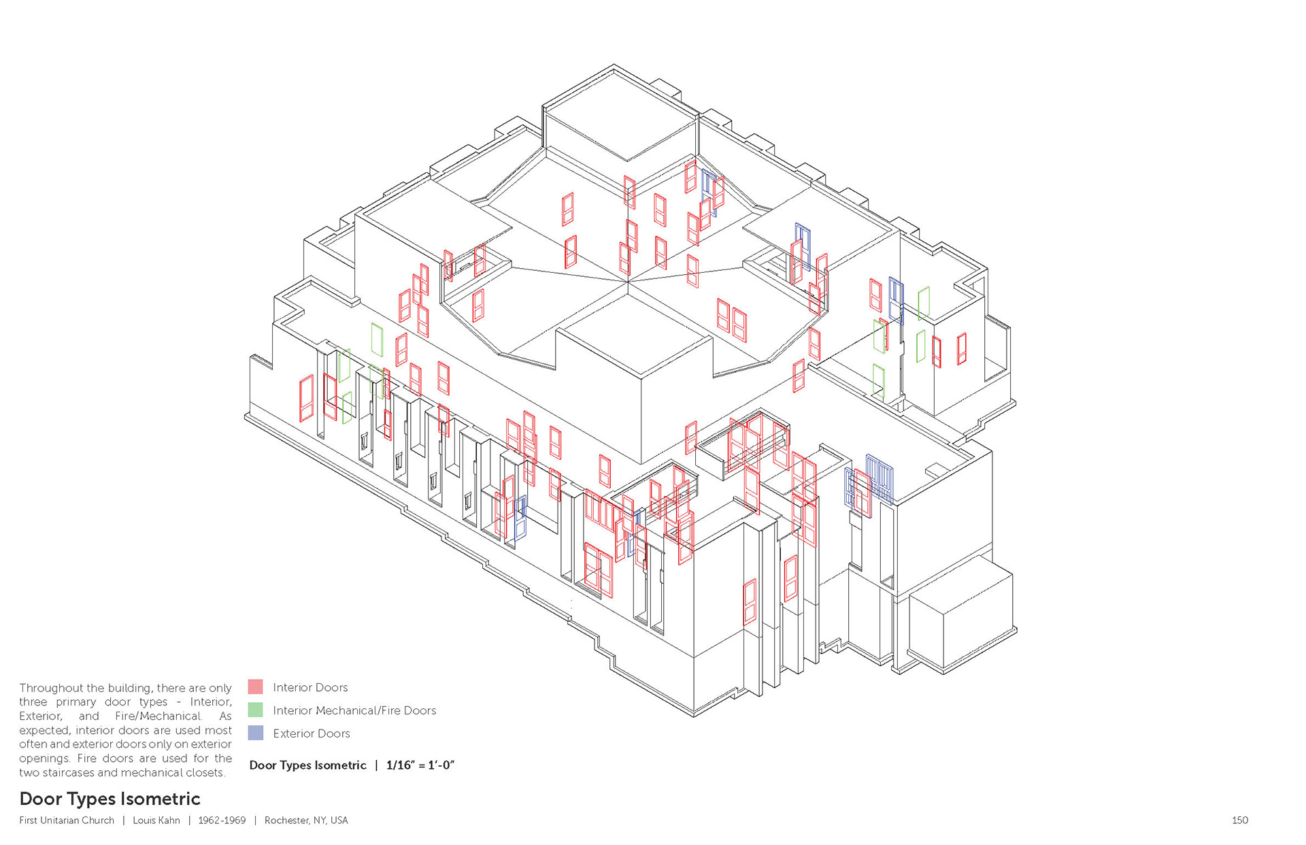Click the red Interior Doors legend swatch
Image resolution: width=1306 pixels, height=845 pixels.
click(255, 686)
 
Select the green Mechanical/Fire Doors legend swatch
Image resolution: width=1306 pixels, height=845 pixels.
click(255, 710)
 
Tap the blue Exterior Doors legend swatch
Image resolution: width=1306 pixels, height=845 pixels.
click(255, 733)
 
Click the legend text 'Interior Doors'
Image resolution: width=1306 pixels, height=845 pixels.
click(310, 687)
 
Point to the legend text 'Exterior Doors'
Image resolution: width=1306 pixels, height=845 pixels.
click(312, 733)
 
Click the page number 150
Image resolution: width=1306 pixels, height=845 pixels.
click(1239, 821)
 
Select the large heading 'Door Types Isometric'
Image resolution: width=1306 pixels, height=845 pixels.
click(110, 799)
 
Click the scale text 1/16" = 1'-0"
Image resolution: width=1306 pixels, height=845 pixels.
click(420, 765)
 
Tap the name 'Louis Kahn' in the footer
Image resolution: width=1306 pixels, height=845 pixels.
click(156, 821)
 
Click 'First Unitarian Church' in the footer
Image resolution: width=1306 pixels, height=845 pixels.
click(67, 821)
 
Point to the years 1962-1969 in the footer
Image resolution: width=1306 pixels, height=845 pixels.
click(222, 821)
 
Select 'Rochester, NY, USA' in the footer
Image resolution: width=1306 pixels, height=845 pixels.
click(306, 821)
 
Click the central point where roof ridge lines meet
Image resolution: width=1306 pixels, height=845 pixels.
click(627, 281)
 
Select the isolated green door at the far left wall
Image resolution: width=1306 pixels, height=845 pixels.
click(377, 339)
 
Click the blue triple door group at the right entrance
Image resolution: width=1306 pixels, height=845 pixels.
click(879, 478)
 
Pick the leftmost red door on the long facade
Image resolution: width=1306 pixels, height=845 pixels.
click(307, 398)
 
